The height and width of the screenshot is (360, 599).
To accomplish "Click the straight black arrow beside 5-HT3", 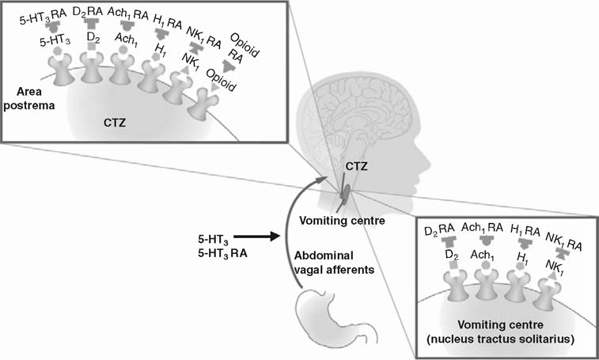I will coord(252,235).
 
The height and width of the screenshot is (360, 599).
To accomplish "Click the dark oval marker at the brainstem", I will coord(346,191).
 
